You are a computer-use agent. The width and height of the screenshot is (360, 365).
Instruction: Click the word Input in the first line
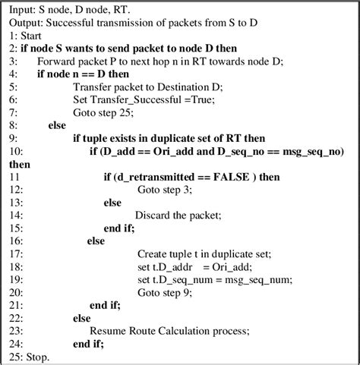(x=22, y=8)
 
